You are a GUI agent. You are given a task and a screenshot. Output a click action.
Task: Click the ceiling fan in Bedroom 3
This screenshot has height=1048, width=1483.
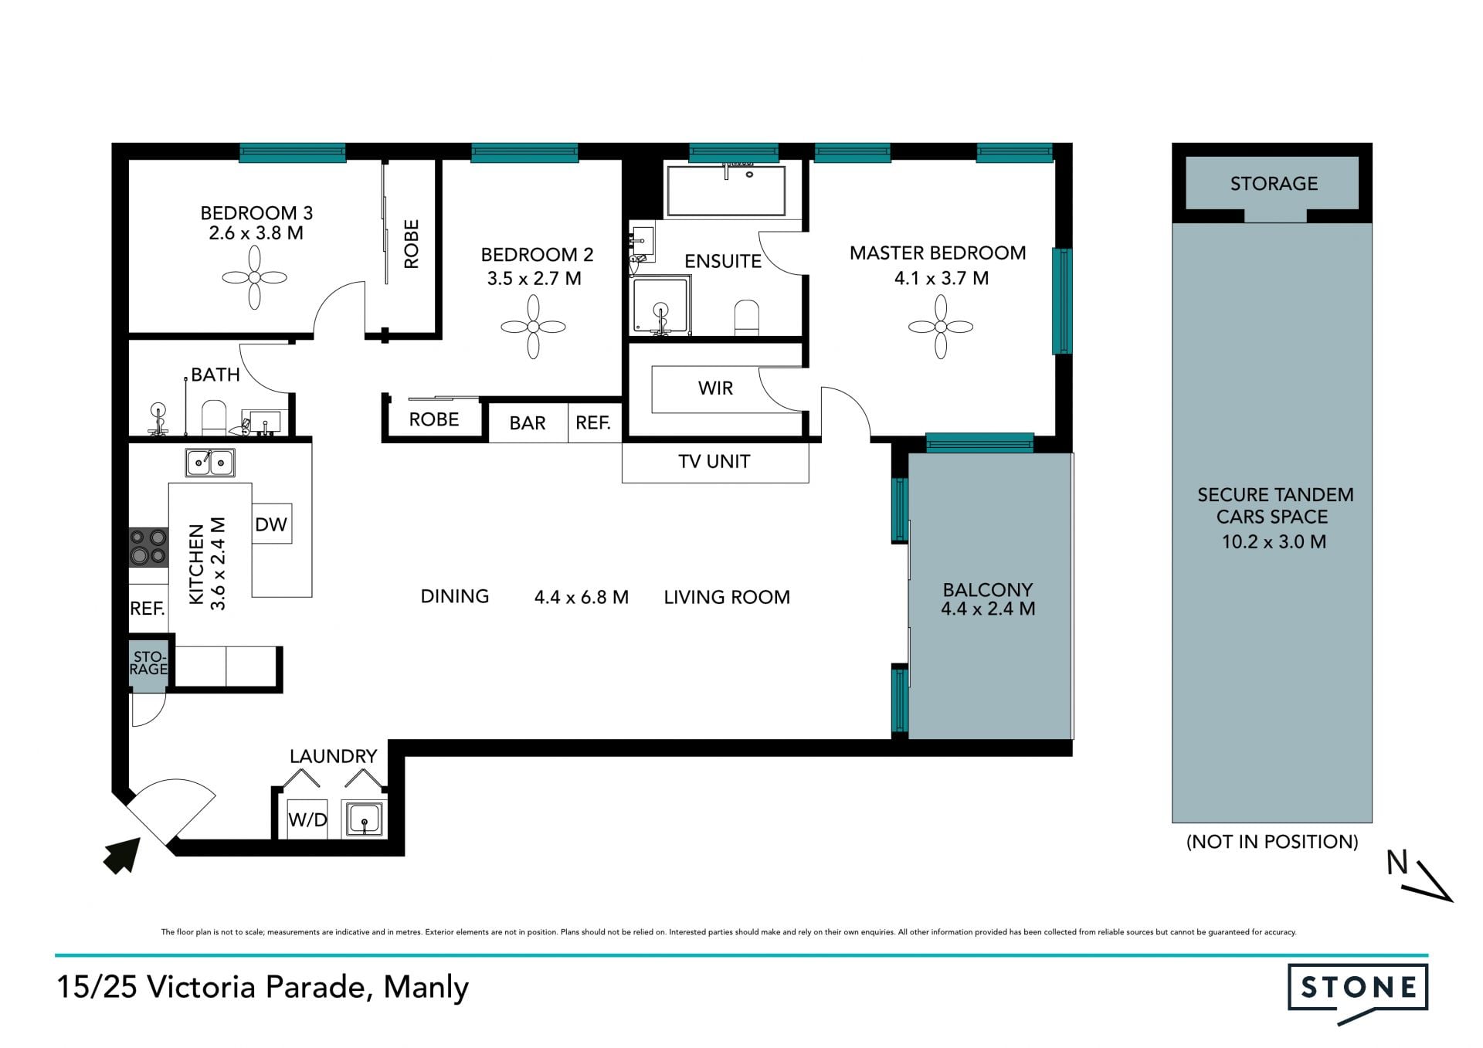tap(255, 278)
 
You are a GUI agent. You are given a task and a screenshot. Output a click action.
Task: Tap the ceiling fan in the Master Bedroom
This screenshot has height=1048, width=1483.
tap(940, 327)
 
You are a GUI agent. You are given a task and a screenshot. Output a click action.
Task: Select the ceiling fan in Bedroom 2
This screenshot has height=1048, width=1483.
tap(533, 327)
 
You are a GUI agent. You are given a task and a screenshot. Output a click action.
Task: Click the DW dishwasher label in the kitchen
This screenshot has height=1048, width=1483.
tap(271, 524)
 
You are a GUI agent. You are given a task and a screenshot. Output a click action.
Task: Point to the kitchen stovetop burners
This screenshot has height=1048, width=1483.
tap(148, 547)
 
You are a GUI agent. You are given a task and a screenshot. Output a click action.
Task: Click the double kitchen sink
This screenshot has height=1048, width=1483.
tap(210, 463)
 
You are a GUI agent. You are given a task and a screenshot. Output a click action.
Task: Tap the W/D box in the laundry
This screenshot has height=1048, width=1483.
tap(307, 819)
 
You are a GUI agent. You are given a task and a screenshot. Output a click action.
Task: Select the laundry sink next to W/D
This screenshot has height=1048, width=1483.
tap(364, 819)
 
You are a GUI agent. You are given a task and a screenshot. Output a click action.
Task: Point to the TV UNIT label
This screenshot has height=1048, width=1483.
tap(714, 462)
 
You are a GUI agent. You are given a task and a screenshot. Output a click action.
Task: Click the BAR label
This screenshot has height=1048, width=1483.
tap(528, 423)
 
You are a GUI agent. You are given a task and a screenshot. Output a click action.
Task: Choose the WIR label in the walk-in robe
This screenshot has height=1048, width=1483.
tap(715, 388)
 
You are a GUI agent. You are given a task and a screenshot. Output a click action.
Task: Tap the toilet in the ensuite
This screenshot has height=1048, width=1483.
tap(747, 317)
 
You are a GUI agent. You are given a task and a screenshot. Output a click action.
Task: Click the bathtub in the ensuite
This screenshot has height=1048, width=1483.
tap(726, 191)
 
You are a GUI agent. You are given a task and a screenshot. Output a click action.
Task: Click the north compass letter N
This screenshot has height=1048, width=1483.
tap(1397, 863)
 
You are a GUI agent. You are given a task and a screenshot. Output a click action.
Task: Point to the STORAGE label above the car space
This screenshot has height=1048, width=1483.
tap(1274, 184)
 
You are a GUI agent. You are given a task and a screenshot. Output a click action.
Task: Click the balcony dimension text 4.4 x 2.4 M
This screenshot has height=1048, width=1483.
tap(988, 609)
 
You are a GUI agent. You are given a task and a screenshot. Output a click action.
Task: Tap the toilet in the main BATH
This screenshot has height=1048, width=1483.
tap(213, 418)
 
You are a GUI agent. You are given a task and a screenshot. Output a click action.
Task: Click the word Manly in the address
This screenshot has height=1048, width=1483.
tap(426, 988)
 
